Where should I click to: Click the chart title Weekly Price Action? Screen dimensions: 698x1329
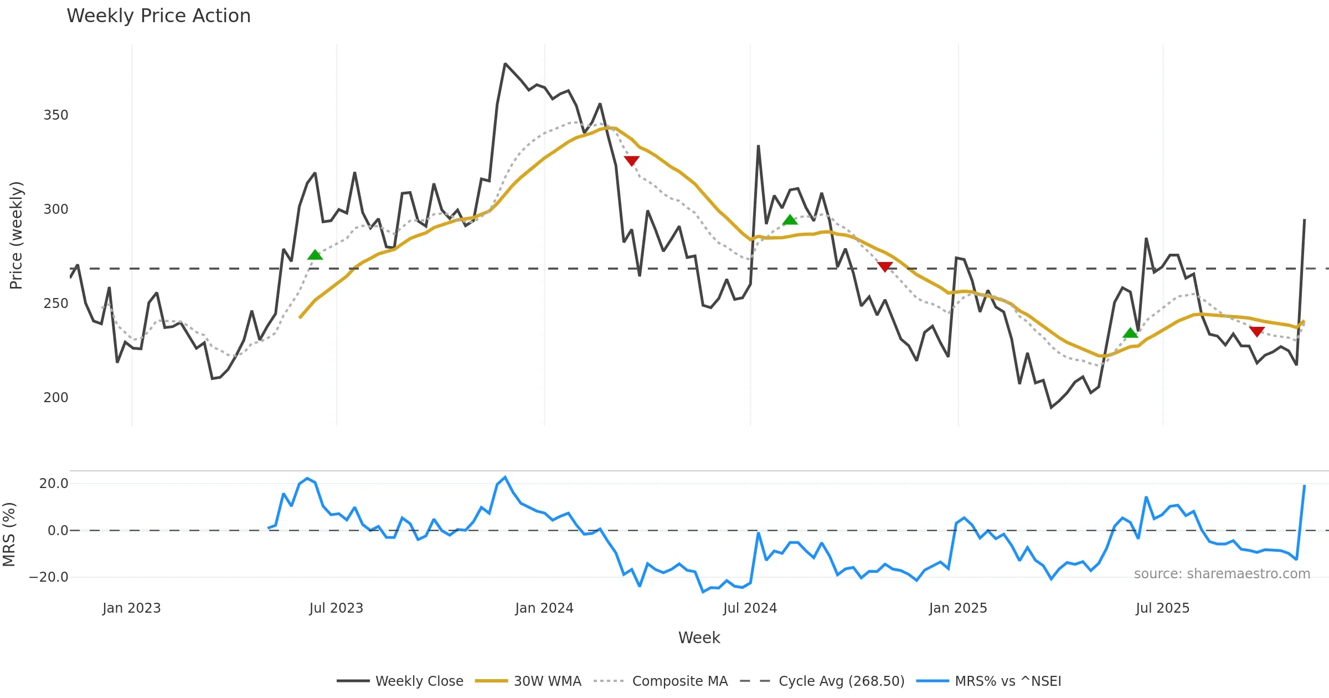[x=158, y=16]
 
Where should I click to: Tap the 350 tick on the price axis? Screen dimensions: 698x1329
[x=56, y=115]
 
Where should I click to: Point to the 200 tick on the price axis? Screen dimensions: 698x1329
[x=56, y=398]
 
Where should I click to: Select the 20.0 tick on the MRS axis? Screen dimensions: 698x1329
[x=54, y=484]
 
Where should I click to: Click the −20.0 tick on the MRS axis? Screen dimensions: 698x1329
[x=49, y=577]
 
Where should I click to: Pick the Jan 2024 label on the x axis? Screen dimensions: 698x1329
[x=544, y=608]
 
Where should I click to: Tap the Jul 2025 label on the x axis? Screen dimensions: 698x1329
[x=1162, y=608]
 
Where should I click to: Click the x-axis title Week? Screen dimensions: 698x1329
[x=699, y=638]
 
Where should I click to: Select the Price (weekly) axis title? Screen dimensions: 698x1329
[x=16, y=235]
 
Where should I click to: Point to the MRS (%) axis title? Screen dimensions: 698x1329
[x=9, y=535]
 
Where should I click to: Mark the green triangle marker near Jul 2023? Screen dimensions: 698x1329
[x=315, y=255]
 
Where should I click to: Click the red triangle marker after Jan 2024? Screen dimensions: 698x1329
[x=632, y=161]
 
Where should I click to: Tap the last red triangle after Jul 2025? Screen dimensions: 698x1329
[x=1257, y=331]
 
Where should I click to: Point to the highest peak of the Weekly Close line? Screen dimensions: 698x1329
[x=505, y=64]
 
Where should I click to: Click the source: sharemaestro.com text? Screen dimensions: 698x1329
[x=1222, y=574]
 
